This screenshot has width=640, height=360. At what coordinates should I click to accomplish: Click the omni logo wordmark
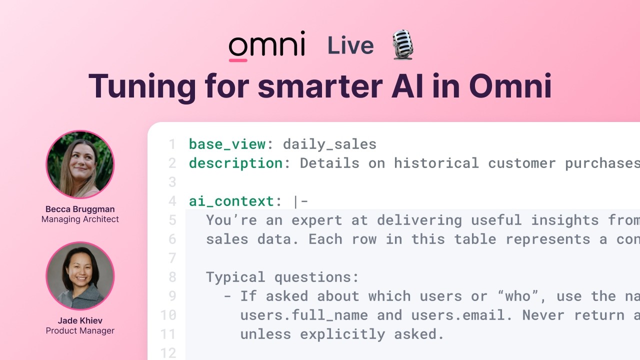266,45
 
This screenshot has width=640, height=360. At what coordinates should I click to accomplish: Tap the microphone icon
402,45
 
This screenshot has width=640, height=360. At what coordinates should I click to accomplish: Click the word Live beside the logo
350,46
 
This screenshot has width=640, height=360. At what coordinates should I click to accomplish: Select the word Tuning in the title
142,86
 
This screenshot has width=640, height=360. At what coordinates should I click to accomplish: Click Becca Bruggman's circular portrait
80,164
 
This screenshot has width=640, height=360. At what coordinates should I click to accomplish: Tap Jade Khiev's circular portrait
80,276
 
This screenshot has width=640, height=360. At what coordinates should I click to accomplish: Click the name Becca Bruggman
80,209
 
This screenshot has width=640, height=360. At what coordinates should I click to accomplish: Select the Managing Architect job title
80,219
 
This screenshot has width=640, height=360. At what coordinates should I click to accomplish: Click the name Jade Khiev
80,320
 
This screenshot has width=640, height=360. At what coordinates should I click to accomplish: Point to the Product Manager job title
80,330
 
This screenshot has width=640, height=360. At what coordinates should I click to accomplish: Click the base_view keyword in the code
227,144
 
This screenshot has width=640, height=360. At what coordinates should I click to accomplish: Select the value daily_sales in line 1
329,144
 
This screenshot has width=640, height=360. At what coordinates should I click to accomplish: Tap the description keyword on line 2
235,163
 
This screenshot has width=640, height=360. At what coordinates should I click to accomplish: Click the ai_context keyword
231,201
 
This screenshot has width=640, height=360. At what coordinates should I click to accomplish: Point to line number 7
172,258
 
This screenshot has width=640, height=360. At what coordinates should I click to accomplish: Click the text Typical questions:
282,277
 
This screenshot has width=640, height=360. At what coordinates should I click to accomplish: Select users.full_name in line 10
304,315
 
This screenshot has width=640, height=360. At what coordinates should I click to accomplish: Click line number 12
169,353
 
